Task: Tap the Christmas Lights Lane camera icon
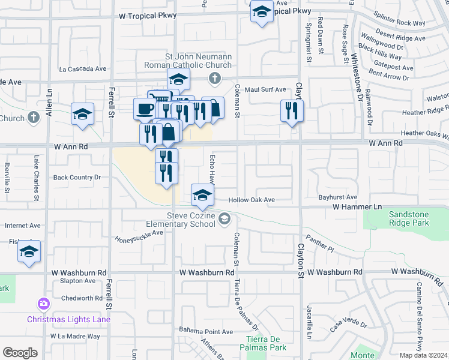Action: point(43,304)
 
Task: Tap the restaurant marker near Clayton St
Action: point(292,110)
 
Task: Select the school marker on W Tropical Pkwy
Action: point(262,12)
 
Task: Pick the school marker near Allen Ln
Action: point(82,114)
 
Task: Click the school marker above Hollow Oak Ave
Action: point(203,194)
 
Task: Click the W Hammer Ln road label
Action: point(357,206)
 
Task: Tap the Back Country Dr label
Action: point(77,177)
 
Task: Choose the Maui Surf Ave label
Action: point(268,89)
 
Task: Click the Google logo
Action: point(20,353)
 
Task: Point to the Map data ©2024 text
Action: point(424,355)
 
